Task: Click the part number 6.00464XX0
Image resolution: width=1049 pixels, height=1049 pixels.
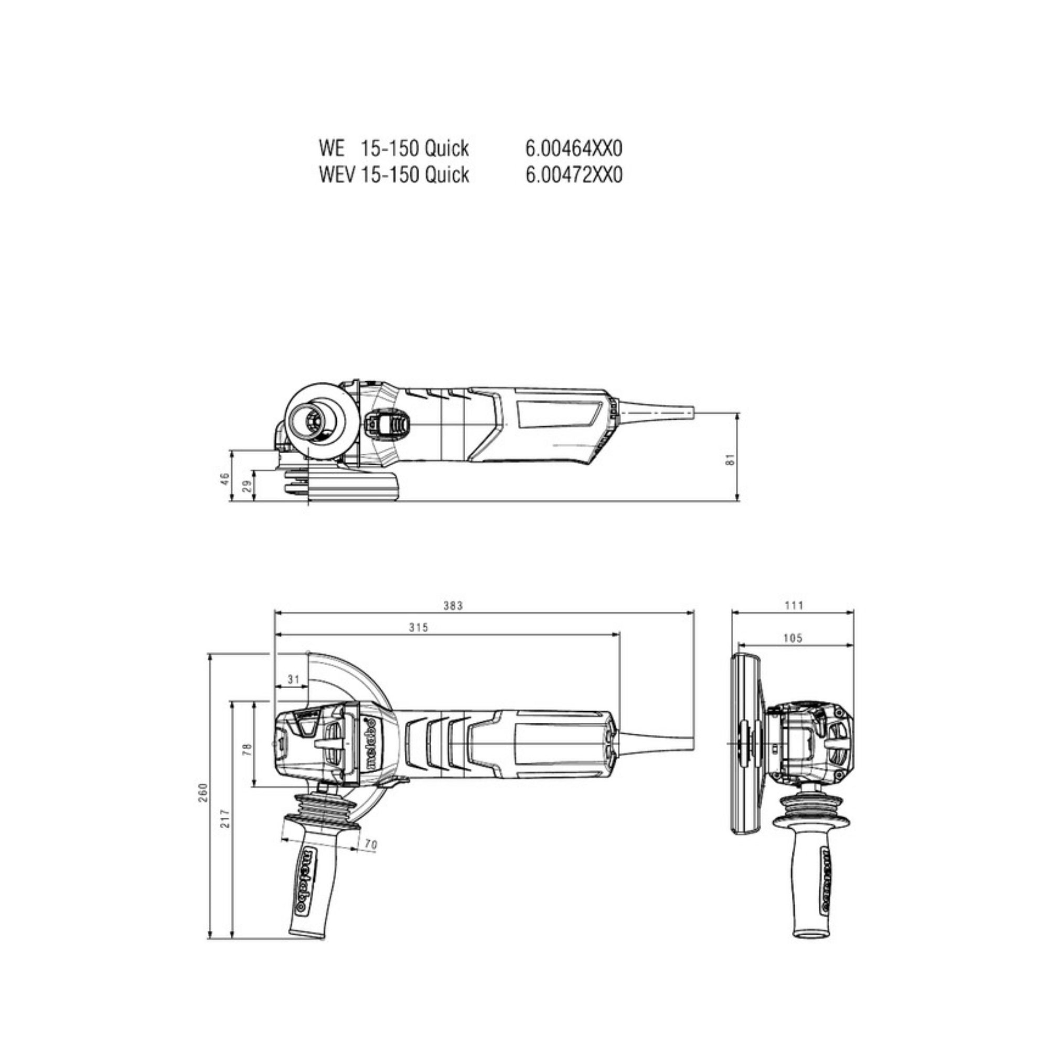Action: (x=574, y=148)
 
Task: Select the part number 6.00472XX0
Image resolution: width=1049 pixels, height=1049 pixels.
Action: (x=574, y=175)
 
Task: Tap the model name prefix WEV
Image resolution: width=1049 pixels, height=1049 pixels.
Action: (x=337, y=175)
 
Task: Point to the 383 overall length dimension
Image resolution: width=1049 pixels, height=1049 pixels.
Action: (x=453, y=605)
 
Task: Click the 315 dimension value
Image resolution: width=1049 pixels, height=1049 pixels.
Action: (x=419, y=628)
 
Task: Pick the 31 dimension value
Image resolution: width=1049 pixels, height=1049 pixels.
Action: (x=294, y=679)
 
